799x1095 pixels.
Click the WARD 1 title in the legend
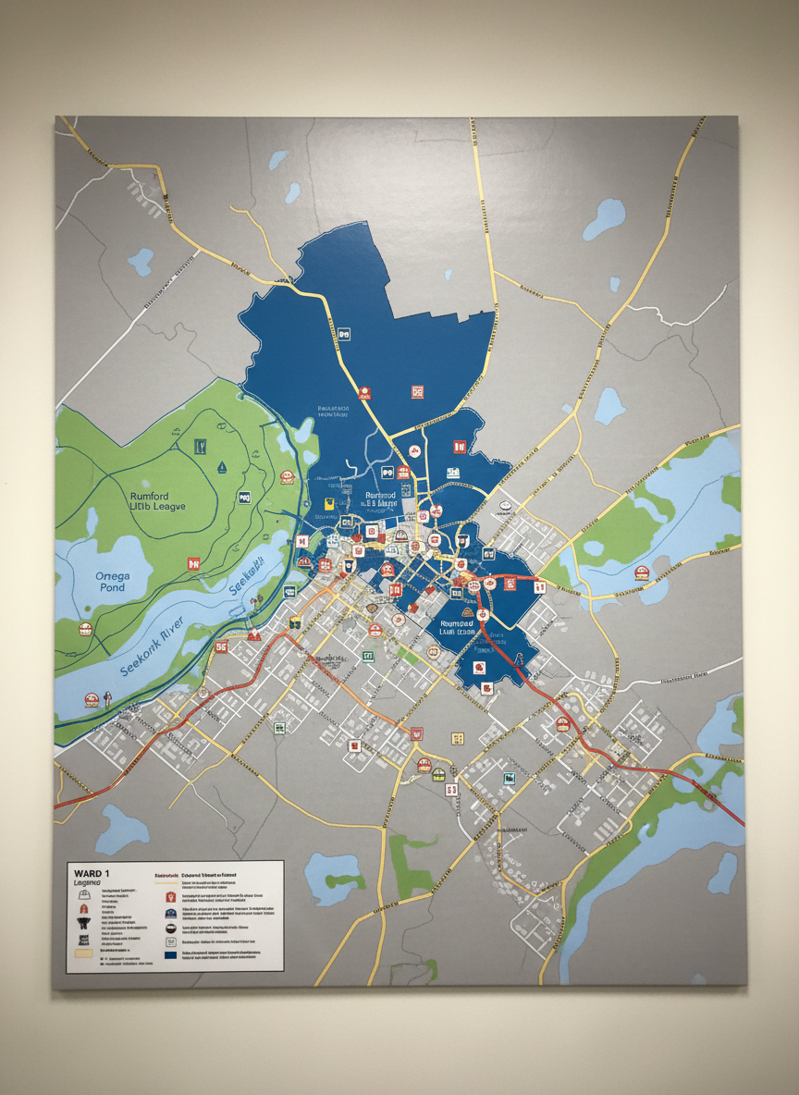90,872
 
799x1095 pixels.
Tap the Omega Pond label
113,582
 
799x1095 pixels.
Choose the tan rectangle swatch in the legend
83,953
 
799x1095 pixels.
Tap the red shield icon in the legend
170,896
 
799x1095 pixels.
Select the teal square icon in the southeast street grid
509,779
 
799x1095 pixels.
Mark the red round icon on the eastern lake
640,573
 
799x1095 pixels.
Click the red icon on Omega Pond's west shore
86,629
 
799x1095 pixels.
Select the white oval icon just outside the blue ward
504,507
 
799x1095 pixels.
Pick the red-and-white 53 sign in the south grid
451,790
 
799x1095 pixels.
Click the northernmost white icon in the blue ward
343,333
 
